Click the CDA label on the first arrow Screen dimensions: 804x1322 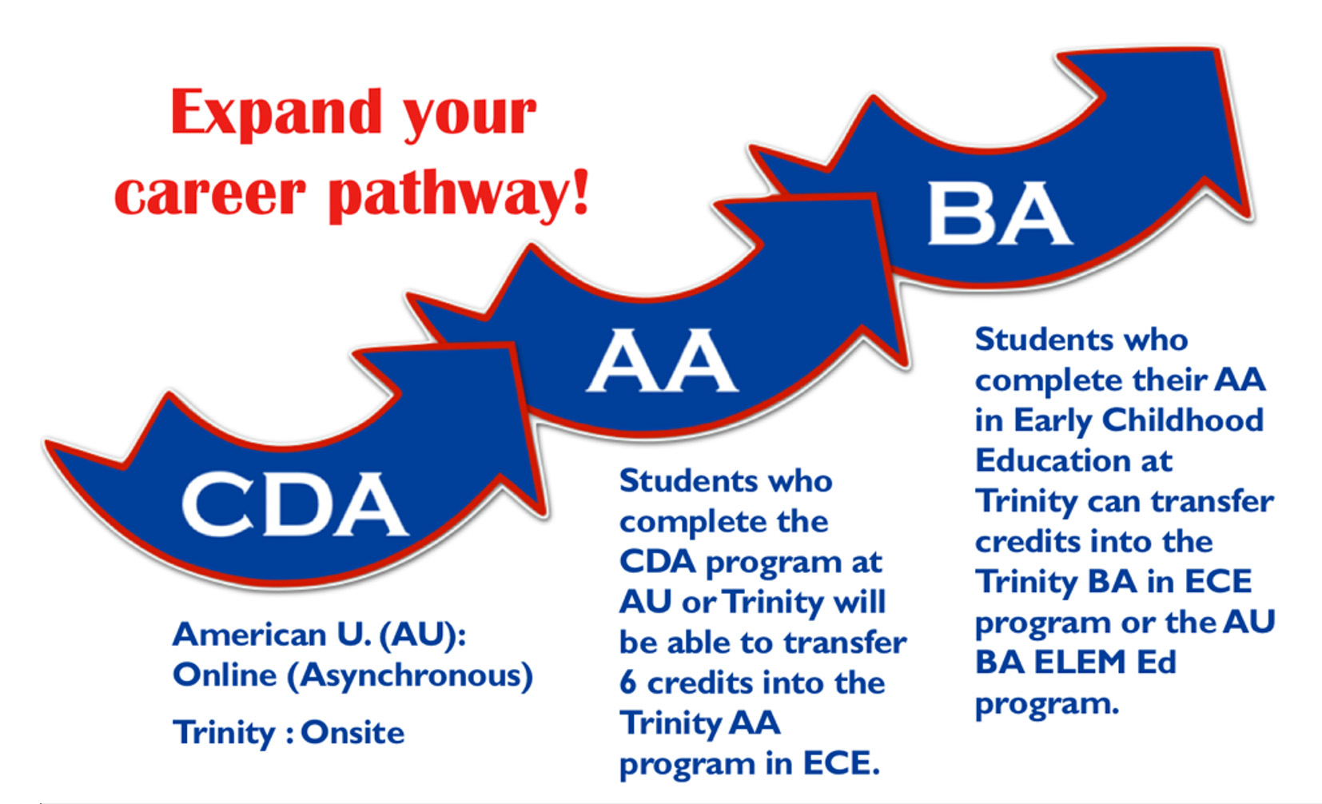(294, 504)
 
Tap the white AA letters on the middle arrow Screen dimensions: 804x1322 (662, 360)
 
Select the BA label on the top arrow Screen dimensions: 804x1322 (999, 213)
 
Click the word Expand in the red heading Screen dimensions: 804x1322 (277, 113)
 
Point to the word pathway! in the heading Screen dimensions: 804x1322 (459, 194)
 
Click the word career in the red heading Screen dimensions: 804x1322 (209, 194)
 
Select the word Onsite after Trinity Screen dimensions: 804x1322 (352, 732)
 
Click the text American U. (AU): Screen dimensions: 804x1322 (319, 635)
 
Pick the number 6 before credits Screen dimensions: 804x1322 (628, 683)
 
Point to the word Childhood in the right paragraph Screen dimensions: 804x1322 (1182, 420)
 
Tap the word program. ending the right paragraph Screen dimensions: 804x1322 (1046, 704)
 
